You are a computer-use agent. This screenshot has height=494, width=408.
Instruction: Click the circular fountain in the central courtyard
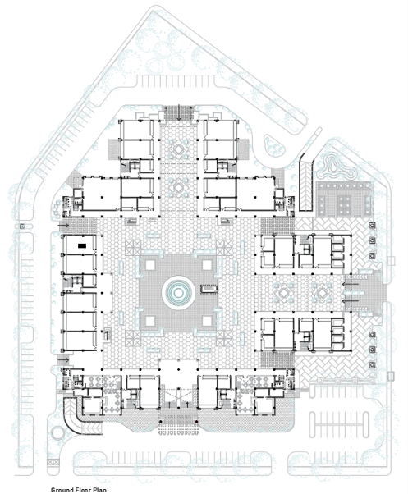[x=178, y=293]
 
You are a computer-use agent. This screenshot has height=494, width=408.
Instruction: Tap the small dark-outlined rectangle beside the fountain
[x=209, y=289]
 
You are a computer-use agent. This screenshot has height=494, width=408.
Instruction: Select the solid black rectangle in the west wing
[x=82, y=245]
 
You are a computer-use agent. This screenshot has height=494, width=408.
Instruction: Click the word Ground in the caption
[x=61, y=490]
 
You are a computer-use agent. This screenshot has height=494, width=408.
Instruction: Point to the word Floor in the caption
[x=80, y=490]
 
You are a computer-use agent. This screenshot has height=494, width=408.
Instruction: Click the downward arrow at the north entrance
[x=179, y=112]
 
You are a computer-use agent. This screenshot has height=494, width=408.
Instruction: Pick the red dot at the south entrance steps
[x=196, y=422]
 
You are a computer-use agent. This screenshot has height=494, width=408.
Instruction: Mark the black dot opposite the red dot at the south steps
[x=160, y=422]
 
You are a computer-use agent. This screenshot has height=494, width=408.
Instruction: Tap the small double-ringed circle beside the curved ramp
[x=57, y=433]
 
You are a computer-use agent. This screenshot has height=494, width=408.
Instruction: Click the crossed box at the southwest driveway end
[x=51, y=462]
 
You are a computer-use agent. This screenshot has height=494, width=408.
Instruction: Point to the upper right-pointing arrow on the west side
[x=63, y=226]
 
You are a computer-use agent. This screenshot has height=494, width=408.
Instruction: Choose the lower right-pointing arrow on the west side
[x=63, y=359]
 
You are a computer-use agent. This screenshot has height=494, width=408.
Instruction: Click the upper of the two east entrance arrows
[x=351, y=284]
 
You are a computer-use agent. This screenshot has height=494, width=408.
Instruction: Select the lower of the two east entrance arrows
[x=351, y=301]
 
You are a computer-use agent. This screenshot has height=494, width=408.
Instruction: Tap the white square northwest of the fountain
[x=150, y=264]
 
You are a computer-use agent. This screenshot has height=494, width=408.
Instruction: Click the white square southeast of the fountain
[x=207, y=321]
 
